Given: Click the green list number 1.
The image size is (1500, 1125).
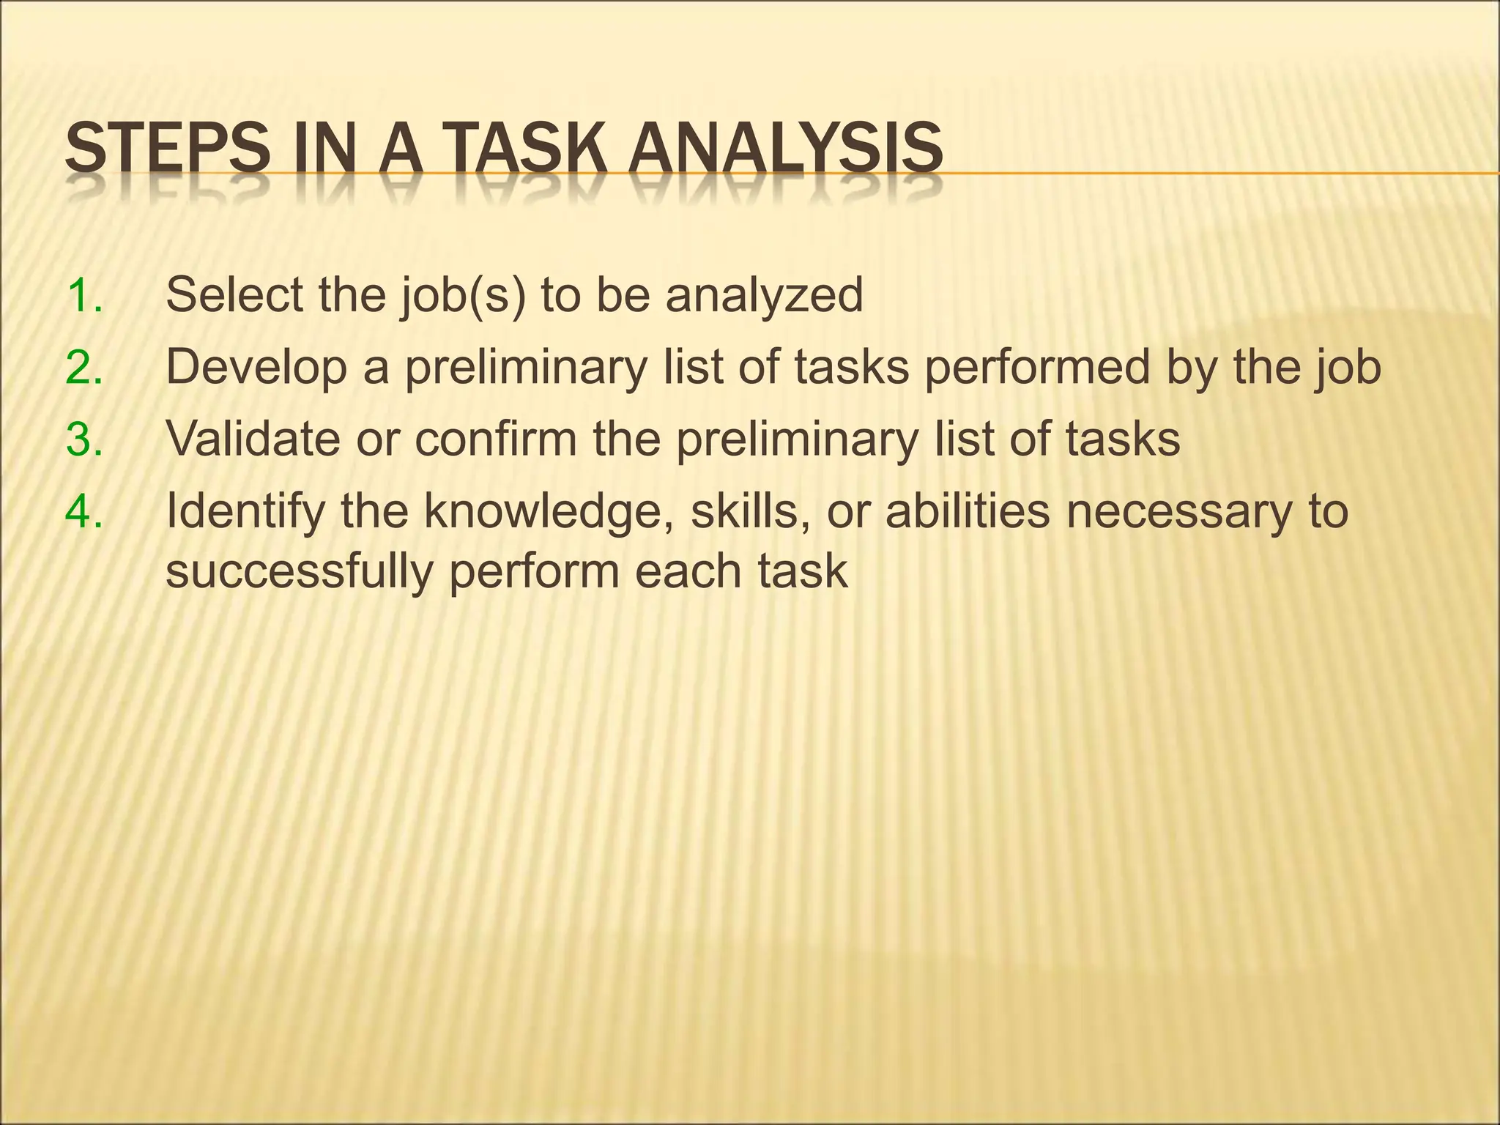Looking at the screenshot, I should point(84,296).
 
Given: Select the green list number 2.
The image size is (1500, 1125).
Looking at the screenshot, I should point(84,368).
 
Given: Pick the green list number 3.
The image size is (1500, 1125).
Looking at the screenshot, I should point(84,439).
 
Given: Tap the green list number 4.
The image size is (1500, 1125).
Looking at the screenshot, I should point(84,511).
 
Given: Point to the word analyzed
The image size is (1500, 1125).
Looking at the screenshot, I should point(764,297).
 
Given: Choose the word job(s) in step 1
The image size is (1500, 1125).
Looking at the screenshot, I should point(463,297).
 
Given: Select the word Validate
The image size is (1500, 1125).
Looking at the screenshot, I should point(253,439).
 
